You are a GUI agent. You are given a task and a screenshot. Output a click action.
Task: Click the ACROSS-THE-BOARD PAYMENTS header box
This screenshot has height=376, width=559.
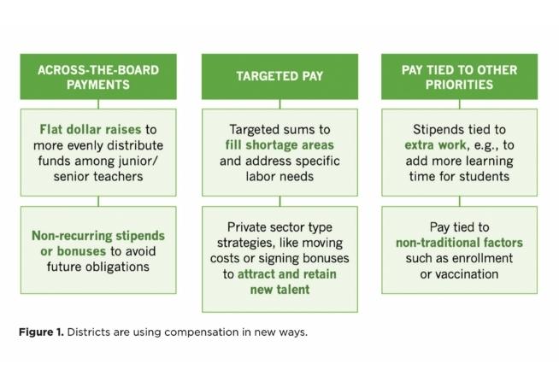(x=98, y=77)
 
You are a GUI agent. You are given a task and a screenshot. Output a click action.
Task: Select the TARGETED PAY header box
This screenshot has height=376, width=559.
(x=279, y=77)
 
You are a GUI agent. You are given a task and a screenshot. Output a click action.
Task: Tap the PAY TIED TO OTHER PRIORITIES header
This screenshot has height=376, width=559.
(x=460, y=77)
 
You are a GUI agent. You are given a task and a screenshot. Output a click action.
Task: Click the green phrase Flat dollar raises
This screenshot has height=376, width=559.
(x=91, y=129)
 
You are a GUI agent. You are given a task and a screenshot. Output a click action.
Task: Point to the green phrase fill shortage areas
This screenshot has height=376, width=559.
(x=279, y=144)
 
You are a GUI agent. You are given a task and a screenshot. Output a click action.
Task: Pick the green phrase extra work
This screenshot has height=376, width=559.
(x=435, y=144)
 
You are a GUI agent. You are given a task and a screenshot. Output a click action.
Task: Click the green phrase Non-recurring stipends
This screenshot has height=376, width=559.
(x=98, y=236)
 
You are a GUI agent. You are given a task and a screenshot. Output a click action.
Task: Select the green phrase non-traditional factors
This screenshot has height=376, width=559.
(x=459, y=243)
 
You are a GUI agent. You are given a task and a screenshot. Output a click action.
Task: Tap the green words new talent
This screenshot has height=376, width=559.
(x=279, y=290)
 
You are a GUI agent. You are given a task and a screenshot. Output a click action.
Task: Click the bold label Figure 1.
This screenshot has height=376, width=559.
(x=41, y=332)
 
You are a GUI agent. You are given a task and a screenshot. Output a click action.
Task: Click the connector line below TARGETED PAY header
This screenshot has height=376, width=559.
(x=279, y=104)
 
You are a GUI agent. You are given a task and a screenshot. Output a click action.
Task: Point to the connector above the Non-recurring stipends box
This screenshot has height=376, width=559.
(x=98, y=201)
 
